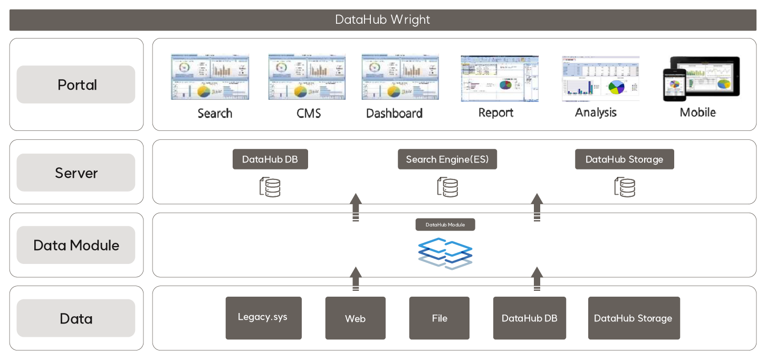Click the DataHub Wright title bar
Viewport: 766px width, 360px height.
coord(382,20)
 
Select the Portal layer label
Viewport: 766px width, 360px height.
coord(76,84)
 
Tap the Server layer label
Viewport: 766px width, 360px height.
coord(76,173)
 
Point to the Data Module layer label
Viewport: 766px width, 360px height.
coord(76,245)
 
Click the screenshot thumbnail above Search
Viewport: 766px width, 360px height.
coord(210,77)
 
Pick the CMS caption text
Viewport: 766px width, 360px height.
coord(309,113)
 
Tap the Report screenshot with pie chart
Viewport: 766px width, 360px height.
coord(499,79)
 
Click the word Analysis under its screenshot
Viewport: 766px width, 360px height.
coord(596,112)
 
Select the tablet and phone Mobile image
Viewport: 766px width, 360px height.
coord(701,79)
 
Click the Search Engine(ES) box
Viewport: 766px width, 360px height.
coord(447,159)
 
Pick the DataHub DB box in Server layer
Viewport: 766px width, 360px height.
coord(270,159)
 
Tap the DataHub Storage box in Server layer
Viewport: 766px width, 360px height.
coord(624,159)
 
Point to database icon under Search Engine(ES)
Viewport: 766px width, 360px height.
coord(447,187)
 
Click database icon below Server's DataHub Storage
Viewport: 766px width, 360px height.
coord(625,187)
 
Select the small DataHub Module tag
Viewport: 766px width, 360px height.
coord(445,225)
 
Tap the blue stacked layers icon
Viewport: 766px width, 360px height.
coord(445,252)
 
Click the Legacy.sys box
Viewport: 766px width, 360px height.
coord(263,318)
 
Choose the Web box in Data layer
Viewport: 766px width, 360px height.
coord(355,318)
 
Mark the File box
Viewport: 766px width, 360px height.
coord(439,318)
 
